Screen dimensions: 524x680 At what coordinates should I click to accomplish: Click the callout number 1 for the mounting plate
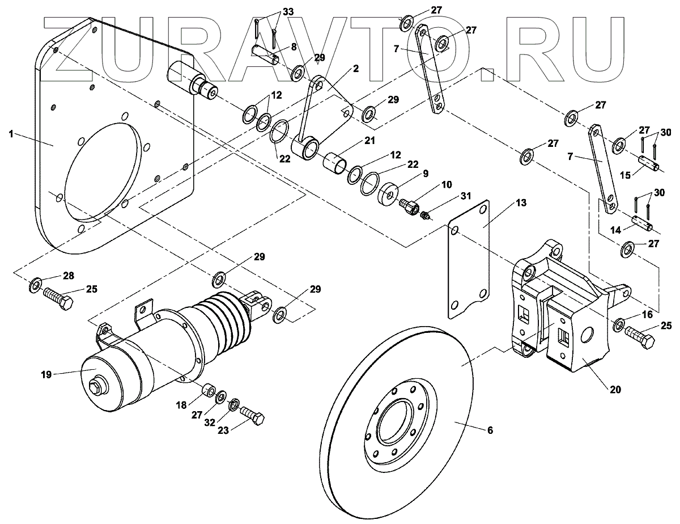click(11, 134)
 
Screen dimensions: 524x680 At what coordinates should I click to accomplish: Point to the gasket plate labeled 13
click(468, 255)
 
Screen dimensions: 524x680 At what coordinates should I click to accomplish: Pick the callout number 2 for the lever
click(356, 69)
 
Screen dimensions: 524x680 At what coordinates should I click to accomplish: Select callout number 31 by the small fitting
click(465, 196)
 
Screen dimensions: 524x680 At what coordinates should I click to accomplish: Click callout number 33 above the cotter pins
click(288, 12)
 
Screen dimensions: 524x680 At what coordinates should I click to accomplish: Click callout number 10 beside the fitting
click(447, 185)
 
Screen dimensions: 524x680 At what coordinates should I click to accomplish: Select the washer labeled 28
click(36, 283)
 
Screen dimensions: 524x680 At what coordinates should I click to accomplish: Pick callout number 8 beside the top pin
click(294, 47)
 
